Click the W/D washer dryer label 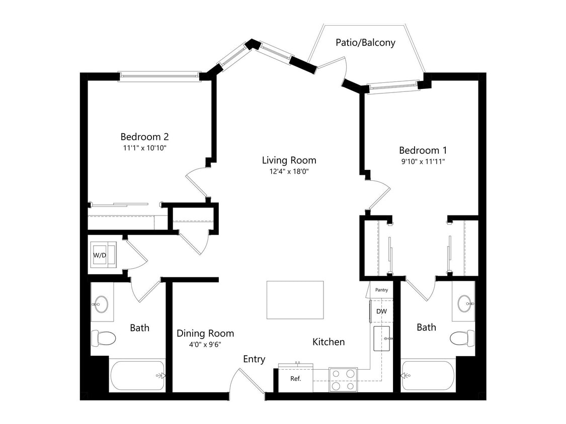pyautogui.click(x=100, y=255)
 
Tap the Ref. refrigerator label pyautogui.click(x=295, y=378)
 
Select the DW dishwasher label pyautogui.click(x=381, y=311)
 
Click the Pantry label pyautogui.click(x=381, y=290)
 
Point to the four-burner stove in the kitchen pyautogui.click(x=343, y=379)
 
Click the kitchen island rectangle pyautogui.click(x=295, y=300)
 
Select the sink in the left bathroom pyautogui.click(x=101, y=304)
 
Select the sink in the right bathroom pyautogui.click(x=464, y=303)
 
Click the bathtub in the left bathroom pyautogui.click(x=137, y=375)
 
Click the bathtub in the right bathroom pyautogui.click(x=428, y=376)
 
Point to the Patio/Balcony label pyautogui.click(x=365, y=43)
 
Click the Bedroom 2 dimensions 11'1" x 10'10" pyautogui.click(x=144, y=148)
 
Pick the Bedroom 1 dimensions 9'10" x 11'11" pyautogui.click(x=423, y=161)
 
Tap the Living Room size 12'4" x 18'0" pyautogui.click(x=289, y=171)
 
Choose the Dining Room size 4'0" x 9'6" pyautogui.click(x=205, y=344)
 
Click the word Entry pyautogui.click(x=254, y=359)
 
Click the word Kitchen pyautogui.click(x=329, y=342)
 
